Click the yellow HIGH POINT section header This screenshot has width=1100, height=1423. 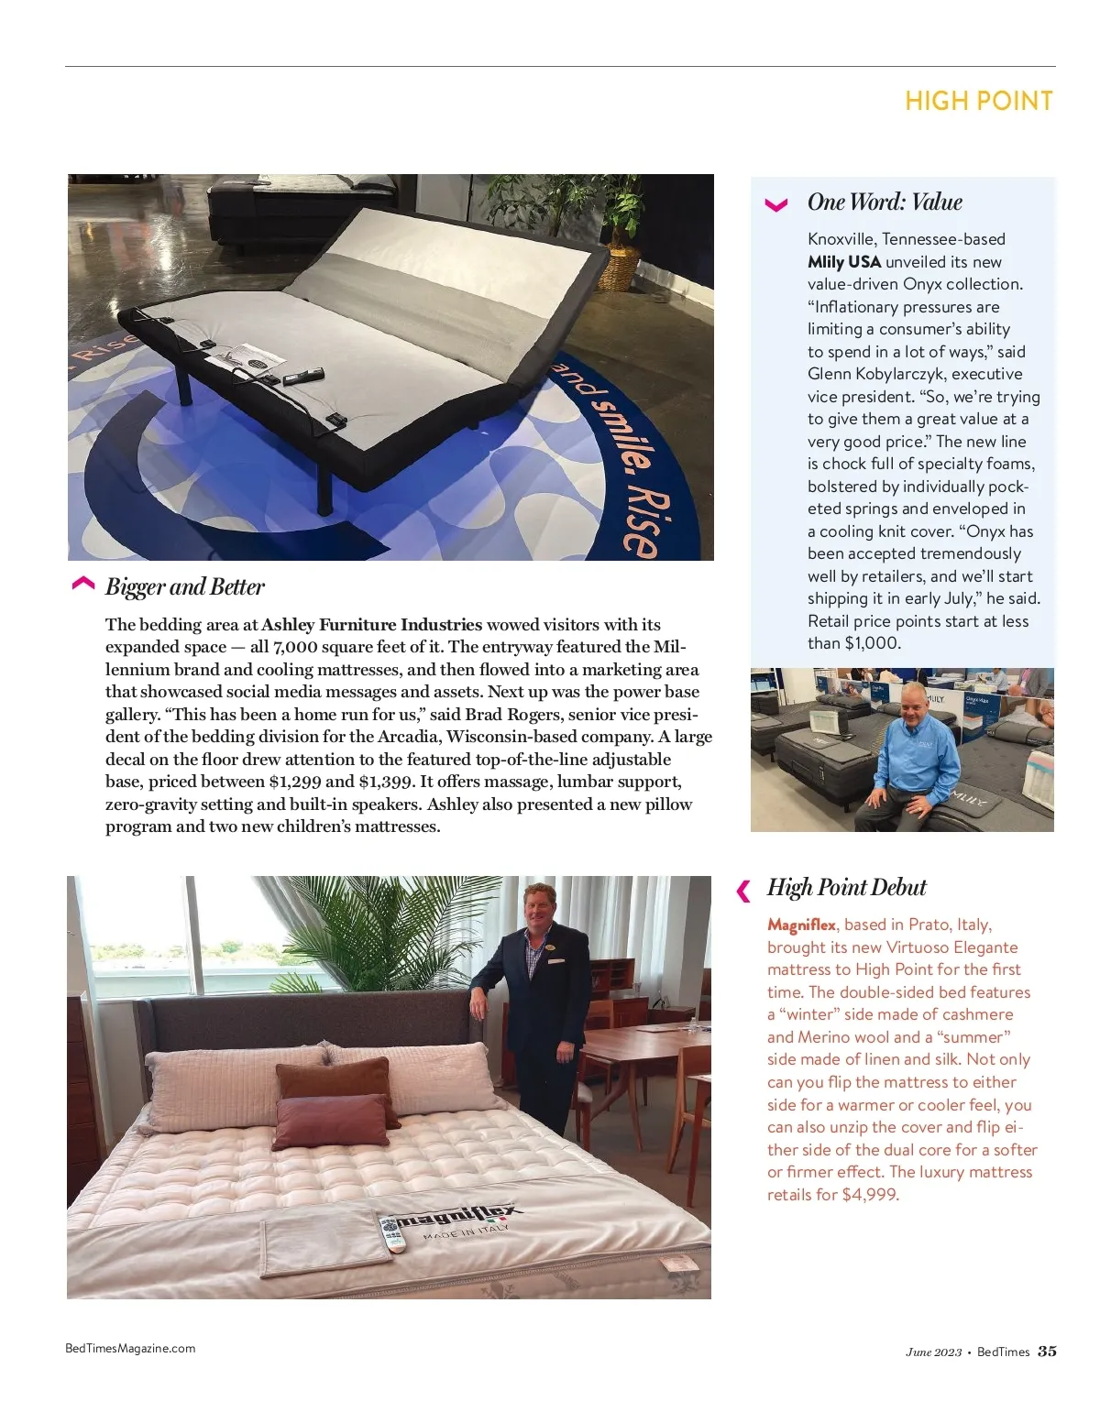(x=978, y=101)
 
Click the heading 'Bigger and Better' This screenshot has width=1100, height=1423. (x=184, y=586)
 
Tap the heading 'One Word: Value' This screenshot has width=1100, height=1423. (x=885, y=202)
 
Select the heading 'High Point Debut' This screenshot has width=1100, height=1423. (x=846, y=887)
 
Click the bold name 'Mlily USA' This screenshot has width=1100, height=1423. (x=843, y=261)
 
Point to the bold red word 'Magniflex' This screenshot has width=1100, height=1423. (x=801, y=925)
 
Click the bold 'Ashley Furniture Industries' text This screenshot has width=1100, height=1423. (x=371, y=625)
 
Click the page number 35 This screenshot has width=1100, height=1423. (x=1047, y=1351)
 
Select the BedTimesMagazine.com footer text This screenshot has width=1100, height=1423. (x=130, y=1348)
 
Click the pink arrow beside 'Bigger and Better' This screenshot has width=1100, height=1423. (x=82, y=585)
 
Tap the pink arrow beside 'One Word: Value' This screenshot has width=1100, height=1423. (x=775, y=204)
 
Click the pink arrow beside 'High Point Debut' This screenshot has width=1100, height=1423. (x=743, y=890)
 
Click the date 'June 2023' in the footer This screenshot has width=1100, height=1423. (x=933, y=1352)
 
